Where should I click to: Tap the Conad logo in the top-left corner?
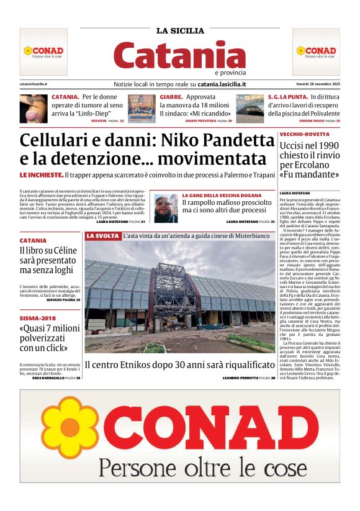tap(43, 51)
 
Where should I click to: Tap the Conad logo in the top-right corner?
tap(315, 51)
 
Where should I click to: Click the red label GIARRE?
tap(171, 97)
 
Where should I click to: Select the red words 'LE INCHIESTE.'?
tap(41, 176)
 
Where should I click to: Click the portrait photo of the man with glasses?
tap(165, 209)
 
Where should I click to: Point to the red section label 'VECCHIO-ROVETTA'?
tap(304, 134)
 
